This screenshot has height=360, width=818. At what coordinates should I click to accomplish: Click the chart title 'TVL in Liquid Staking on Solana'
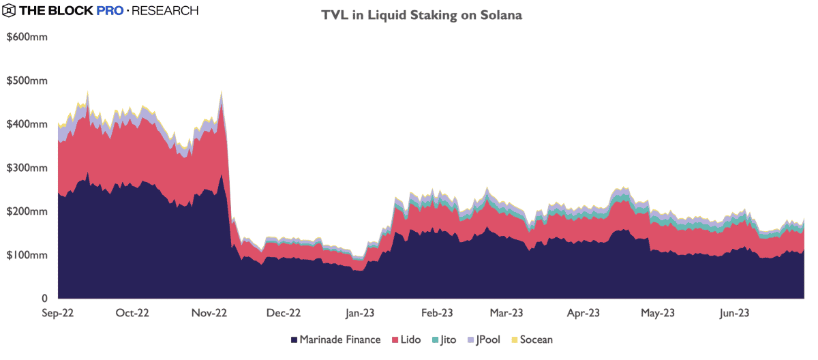pos(422,15)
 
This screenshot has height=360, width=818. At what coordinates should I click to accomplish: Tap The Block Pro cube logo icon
pos(10,11)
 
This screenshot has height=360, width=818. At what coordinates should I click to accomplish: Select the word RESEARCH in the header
pos(165,11)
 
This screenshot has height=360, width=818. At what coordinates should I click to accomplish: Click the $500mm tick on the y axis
pos(27,80)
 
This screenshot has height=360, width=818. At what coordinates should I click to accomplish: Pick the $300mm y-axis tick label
pos(27,168)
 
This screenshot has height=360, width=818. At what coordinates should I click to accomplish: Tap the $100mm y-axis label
pos(27,255)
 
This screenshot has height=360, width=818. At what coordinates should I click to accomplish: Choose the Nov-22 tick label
pos(209,313)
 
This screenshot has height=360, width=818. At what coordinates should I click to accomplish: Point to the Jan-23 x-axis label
pos(360,313)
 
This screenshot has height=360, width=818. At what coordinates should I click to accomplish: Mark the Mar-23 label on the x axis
pos(506,313)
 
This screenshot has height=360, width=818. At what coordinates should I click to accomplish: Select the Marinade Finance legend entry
pos(335,340)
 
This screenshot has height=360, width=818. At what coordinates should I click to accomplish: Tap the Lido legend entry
pos(406,340)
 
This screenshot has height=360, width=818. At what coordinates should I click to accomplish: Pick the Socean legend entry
pos(531,340)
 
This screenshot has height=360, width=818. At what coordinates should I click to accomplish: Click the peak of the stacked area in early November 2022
pos(222,91)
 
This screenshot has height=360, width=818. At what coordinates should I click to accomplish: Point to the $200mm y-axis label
pos(27,211)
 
